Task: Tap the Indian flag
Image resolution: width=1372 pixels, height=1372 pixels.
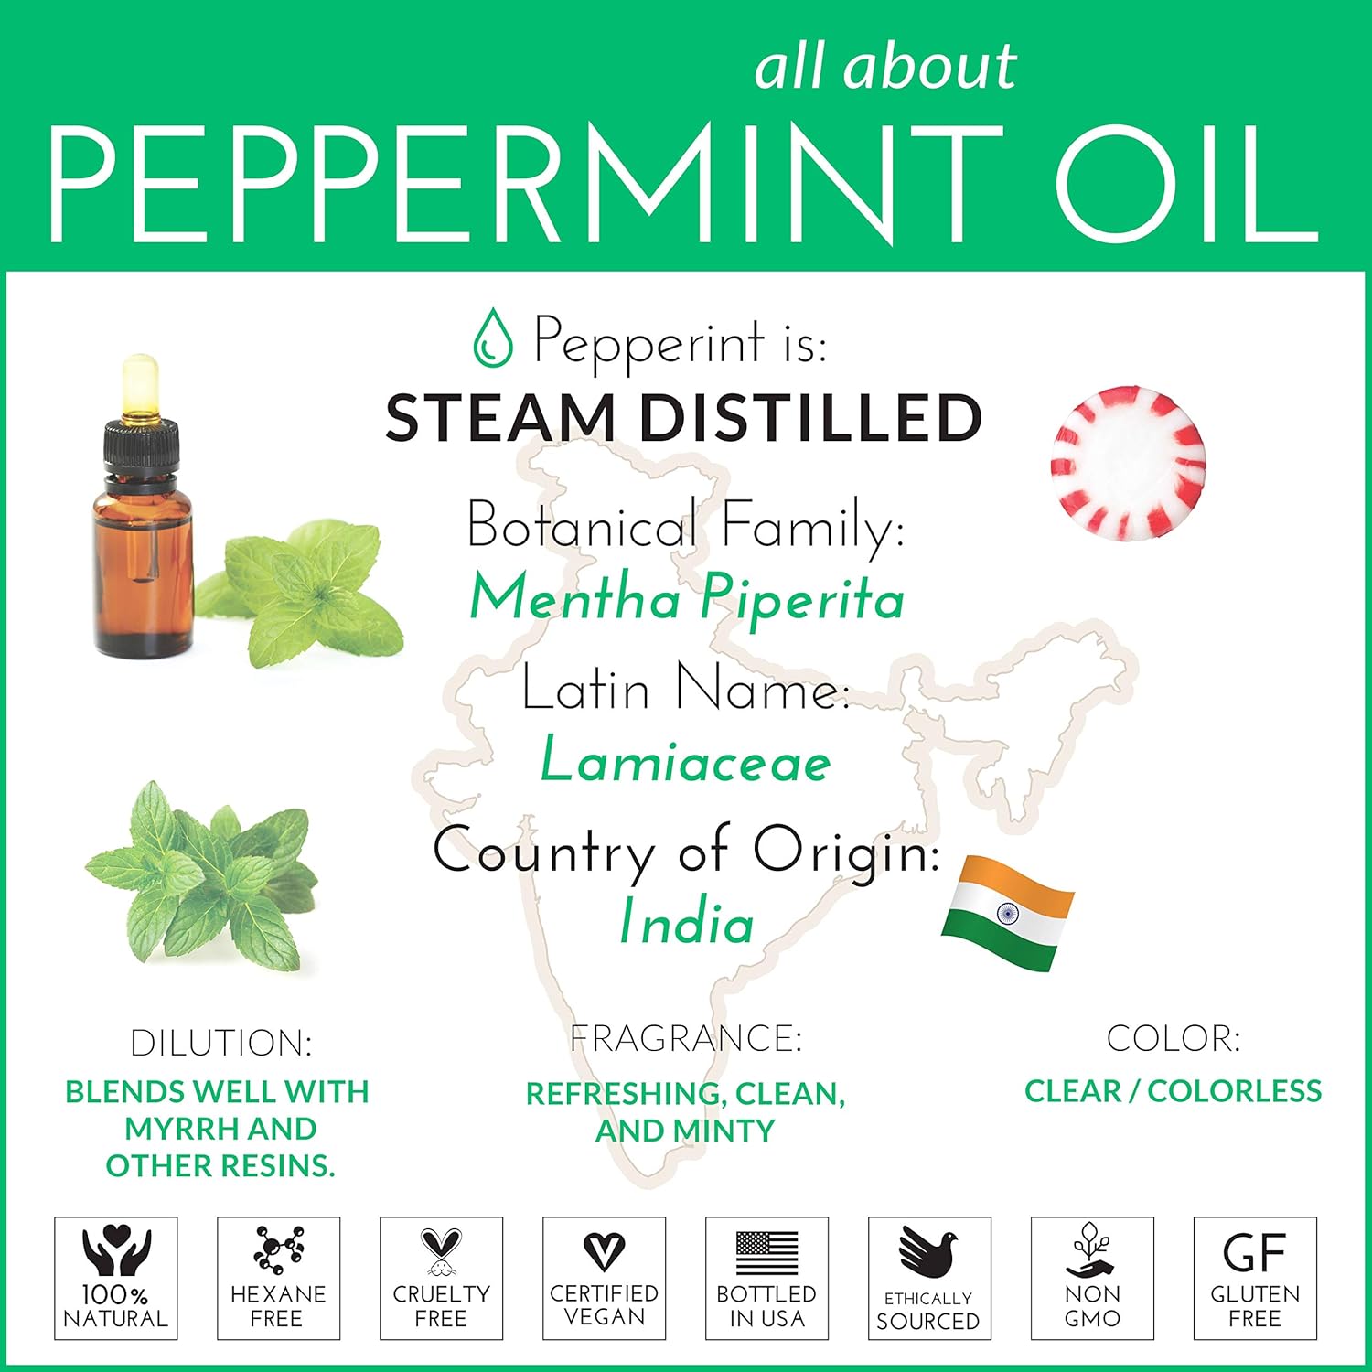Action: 1008,912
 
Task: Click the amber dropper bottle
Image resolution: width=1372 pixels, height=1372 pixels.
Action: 143,508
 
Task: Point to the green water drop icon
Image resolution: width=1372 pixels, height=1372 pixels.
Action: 492,338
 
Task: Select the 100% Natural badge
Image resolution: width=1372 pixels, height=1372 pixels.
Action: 116,1278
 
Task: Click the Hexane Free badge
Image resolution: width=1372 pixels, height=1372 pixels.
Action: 279,1278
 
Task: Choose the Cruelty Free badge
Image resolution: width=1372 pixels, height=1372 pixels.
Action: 442,1278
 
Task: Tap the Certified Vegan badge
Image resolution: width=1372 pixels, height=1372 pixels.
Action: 605,1278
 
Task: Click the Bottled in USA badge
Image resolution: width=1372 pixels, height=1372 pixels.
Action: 767,1278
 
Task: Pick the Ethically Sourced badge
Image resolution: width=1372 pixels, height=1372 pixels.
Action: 930,1278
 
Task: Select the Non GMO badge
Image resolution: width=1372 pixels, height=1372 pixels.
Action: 1093,1278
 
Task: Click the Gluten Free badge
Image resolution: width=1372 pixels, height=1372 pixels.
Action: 1256,1278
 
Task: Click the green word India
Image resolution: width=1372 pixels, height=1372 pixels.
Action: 687,921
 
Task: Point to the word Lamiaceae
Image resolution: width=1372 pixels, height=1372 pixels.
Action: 686,760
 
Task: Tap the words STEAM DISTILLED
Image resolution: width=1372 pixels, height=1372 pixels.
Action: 684,417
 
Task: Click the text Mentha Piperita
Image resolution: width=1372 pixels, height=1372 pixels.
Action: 687,599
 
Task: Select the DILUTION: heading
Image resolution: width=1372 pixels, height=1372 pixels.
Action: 221,1043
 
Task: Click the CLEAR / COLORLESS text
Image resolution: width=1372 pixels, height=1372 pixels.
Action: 1174,1090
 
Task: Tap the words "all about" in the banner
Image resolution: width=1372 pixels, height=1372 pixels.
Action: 885,67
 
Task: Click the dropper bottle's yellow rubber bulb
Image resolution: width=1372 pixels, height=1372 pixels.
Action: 140,384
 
